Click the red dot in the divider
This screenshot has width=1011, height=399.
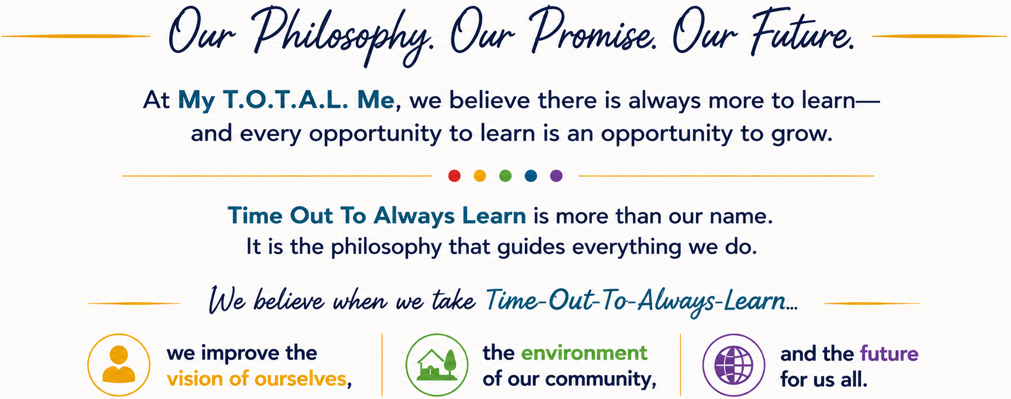(454, 176)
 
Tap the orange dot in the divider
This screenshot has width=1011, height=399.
(480, 176)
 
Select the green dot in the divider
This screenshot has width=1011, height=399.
(505, 176)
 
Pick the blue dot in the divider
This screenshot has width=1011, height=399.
(531, 176)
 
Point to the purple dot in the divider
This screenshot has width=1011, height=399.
(556, 176)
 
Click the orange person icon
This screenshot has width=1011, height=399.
(119, 365)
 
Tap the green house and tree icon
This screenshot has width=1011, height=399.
(437, 365)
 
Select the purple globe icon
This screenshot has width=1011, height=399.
(734, 365)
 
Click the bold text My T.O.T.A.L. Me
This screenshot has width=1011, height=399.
(286, 100)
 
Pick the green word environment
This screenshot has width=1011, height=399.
(584, 353)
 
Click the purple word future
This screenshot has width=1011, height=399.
(889, 353)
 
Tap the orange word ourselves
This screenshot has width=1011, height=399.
(300, 379)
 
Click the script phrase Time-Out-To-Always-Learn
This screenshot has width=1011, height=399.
(636, 302)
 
